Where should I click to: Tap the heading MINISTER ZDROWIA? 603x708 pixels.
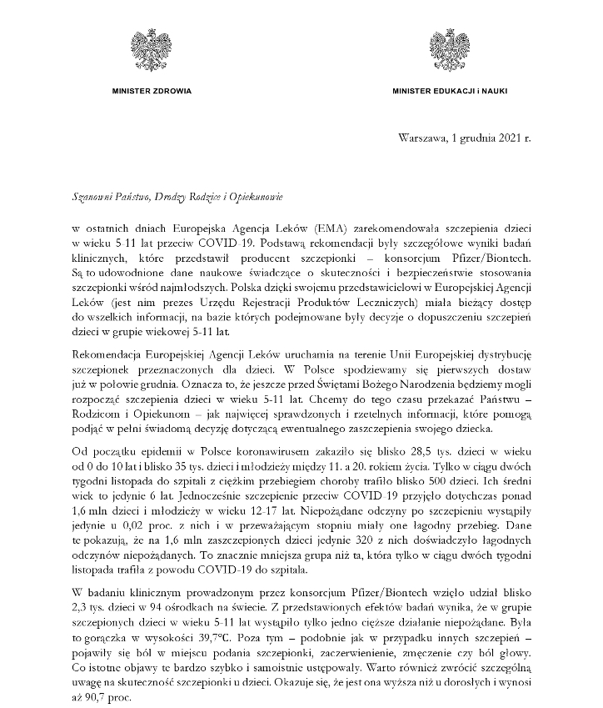pyautogui.click(x=152, y=89)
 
